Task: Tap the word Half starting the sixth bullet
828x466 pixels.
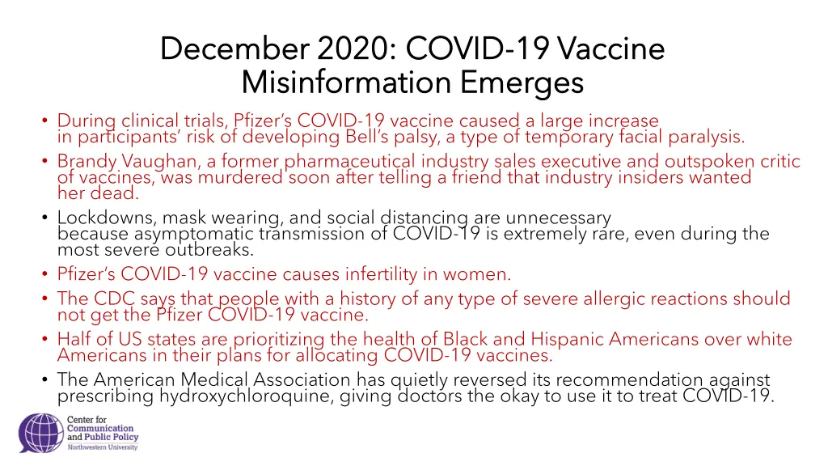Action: point(74,340)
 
